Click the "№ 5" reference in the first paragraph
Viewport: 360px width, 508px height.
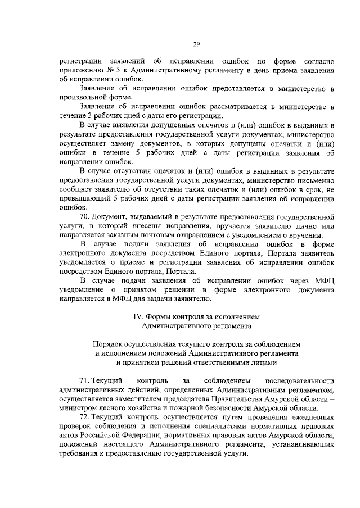point(113,71)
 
